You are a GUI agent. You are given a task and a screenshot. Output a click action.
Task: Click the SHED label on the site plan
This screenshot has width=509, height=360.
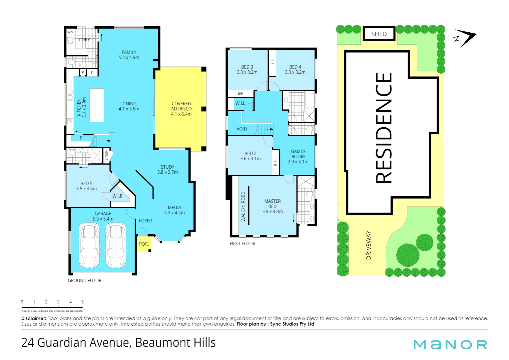coord(379,34)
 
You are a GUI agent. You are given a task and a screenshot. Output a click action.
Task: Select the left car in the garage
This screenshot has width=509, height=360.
coord(89,245)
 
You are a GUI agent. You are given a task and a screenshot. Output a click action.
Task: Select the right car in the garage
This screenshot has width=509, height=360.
coord(116,245)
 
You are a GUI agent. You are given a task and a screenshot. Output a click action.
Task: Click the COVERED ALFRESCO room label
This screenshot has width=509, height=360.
coord(181,109)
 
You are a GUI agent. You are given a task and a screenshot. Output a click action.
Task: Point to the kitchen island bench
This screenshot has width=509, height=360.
coord(97,105)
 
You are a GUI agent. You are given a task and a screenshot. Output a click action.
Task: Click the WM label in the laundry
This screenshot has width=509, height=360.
coord(70,32)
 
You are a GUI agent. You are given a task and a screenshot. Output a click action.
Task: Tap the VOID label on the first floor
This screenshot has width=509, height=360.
coord(242,129)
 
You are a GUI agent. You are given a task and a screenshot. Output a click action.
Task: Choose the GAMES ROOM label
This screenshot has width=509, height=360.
coord(298,154)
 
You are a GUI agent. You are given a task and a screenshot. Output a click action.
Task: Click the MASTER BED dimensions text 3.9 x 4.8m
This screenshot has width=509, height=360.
coord(272,211)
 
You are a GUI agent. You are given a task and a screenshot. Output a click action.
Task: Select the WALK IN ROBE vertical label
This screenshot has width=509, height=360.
coord(243,207)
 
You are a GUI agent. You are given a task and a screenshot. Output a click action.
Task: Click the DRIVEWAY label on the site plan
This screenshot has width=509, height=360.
coord(368,245)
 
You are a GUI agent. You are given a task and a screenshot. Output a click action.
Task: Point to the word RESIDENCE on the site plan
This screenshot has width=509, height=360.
coord(384,128)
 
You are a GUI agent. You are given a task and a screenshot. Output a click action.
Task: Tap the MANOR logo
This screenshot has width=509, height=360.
coord(450,345)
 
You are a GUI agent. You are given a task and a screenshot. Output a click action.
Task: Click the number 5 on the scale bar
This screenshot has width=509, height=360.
coord(82,302)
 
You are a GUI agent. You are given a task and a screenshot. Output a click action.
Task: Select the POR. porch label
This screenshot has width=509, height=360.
coord(144,244)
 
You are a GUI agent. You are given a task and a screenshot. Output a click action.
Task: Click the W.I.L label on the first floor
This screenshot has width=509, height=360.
coord(240,103)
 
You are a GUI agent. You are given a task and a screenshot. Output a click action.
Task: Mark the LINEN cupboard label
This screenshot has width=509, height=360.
coord(107,155)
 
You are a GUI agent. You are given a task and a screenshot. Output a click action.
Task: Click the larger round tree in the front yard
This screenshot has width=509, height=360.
coord(408,255)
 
